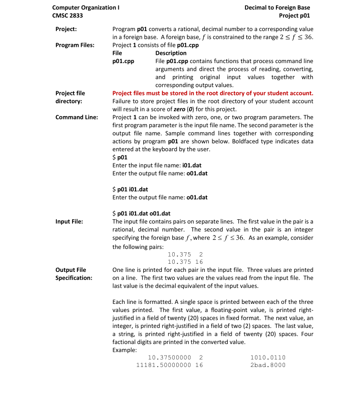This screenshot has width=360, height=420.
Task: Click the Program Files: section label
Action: pos(74,45)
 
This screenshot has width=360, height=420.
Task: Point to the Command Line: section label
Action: pos(77,117)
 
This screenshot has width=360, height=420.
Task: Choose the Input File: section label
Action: pos(69,221)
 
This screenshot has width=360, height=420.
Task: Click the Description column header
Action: pos(171,53)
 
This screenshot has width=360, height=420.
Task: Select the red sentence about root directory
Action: pos(213,93)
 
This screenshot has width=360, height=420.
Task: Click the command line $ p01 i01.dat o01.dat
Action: pos(141,213)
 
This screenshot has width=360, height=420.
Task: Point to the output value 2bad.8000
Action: pos(268,365)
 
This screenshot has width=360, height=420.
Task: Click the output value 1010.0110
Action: pos(268,357)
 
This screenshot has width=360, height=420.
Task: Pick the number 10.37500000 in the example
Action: pos(169,357)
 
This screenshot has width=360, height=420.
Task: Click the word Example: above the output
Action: pos(124,350)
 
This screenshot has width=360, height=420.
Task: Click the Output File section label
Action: pos(71,270)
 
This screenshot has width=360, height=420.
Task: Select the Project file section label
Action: pos(70,93)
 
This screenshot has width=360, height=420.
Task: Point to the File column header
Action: pos(117,53)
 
